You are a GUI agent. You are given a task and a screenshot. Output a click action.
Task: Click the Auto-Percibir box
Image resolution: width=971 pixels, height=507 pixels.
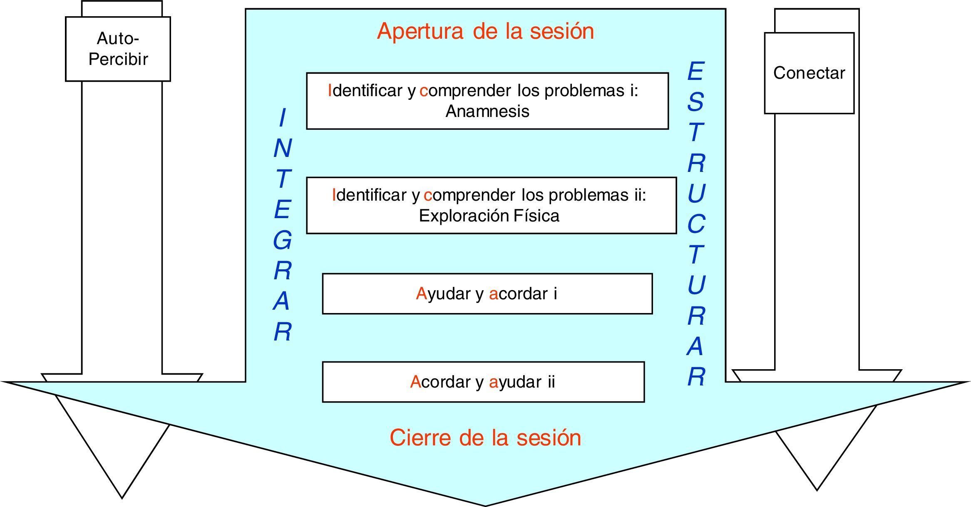118,49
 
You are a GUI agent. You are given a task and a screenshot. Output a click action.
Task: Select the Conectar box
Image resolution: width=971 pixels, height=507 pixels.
809,73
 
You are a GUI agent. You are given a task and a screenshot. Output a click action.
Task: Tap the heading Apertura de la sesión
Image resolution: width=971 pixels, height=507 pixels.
485,31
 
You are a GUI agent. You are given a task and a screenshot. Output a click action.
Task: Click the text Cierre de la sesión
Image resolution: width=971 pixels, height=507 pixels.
485,438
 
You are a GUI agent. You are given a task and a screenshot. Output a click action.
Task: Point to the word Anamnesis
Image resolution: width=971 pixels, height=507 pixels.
487,112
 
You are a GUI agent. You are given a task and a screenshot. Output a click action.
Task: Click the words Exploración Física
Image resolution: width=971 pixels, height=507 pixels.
489,216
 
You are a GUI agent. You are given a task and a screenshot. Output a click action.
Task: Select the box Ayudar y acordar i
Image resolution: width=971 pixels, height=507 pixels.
487,294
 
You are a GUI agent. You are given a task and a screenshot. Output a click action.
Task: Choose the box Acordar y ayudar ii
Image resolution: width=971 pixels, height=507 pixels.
483,382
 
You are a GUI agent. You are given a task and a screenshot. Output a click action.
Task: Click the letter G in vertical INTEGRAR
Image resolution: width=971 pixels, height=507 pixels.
283,241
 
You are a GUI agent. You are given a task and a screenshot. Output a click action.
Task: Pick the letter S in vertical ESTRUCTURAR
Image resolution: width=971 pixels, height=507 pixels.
695,102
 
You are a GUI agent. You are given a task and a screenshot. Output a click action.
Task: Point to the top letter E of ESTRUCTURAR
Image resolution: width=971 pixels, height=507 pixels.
695,72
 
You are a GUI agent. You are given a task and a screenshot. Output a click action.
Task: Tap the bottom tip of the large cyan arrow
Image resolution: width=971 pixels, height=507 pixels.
485,505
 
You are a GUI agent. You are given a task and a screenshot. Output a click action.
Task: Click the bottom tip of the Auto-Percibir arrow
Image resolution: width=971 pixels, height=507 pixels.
122,497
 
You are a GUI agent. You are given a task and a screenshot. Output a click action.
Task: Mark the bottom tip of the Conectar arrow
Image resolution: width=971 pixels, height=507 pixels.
817,490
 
